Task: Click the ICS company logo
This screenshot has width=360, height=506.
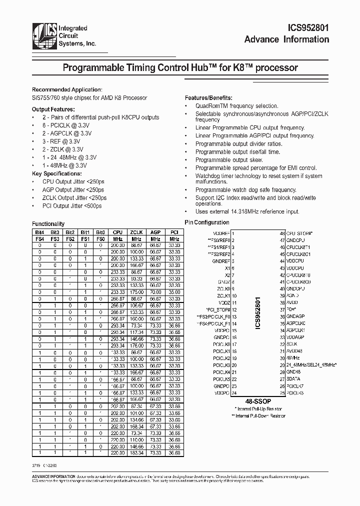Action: pos(44,35)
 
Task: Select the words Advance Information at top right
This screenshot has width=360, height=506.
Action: pos(286,40)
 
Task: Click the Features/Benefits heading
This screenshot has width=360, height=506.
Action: pos(208,98)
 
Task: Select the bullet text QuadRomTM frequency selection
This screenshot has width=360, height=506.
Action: pos(236,106)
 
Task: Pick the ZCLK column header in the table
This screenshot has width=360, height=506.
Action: pos(136,232)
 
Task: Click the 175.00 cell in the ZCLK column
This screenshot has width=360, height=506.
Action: pos(136,291)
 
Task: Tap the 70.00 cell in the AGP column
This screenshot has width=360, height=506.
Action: pos(155,291)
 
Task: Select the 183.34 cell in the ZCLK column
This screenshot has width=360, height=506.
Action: pos(136,452)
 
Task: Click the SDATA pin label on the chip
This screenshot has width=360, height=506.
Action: pos(293,379)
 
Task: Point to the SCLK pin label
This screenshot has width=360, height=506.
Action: pos(292,344)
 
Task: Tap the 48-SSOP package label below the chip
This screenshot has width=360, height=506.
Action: pos(258,401)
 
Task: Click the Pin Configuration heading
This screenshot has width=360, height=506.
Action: pos(207,222)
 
